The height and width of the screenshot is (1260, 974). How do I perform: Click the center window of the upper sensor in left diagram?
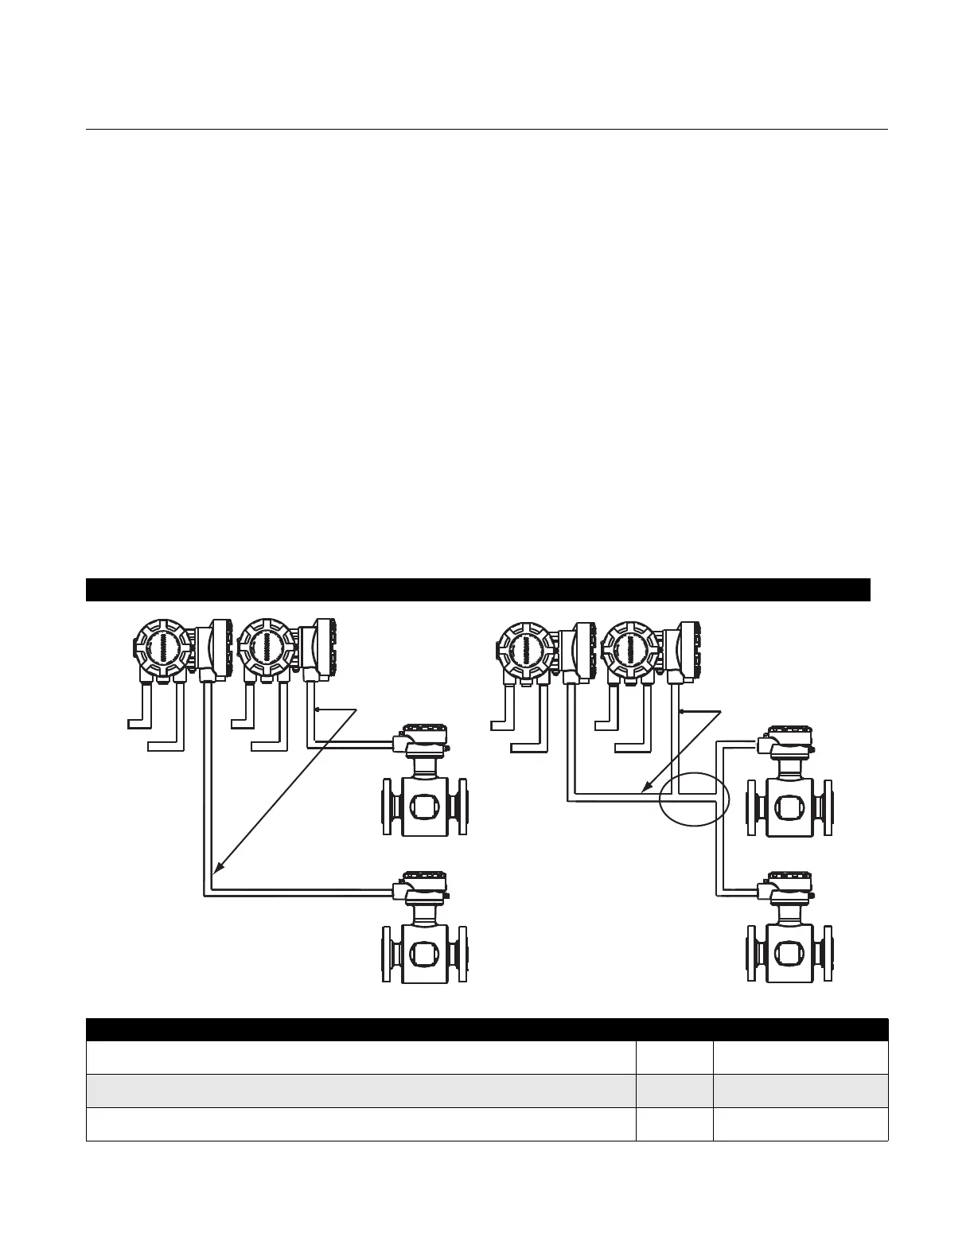point(424,806)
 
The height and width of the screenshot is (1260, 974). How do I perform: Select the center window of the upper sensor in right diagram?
point(789,806)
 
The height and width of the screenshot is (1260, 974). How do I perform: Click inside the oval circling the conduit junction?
point(694,799)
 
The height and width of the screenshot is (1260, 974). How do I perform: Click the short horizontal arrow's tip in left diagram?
point(317,708)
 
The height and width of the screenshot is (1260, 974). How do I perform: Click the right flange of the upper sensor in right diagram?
point(828,806)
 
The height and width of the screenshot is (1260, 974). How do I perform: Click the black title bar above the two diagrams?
point(477,590)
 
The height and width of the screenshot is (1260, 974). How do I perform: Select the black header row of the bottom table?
point(486,1029)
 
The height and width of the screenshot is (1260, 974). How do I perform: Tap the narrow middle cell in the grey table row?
point(675,1091)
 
